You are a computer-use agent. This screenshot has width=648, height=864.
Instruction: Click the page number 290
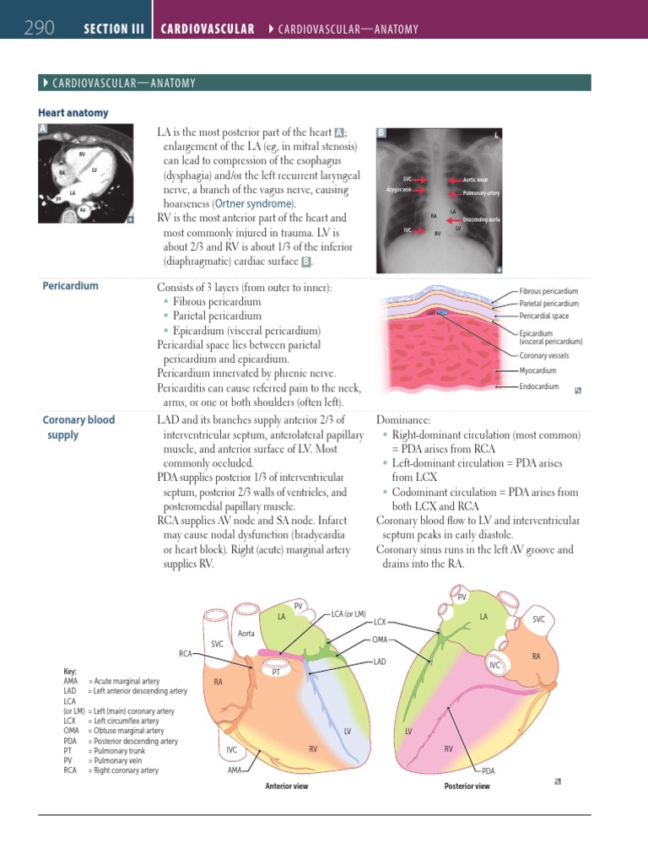tap(39, 29)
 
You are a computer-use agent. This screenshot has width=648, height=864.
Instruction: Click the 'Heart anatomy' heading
tap(73, 112)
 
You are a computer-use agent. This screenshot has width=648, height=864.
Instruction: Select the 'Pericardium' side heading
tap(70, 285)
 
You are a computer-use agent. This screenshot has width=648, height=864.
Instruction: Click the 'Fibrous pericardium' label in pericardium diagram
tap(548, 290)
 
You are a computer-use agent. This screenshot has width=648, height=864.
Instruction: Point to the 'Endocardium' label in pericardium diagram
tap(539, 386)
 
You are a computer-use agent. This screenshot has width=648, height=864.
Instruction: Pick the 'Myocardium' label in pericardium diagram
tap(537, 370)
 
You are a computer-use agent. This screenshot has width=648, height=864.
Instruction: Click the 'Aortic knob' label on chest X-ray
tap(475, 180)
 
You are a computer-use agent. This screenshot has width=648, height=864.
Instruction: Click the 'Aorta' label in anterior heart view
tap(246, 633)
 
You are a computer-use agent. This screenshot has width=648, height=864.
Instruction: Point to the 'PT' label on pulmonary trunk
tap(276, 672)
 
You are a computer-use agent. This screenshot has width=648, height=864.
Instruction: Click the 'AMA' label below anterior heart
tap(235, 770)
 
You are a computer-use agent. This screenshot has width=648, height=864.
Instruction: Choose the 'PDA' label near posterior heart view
tap(489, 770)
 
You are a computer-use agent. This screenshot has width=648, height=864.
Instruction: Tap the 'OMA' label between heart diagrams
tap(380, 640)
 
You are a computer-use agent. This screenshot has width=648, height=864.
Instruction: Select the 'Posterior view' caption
tap(467, 786)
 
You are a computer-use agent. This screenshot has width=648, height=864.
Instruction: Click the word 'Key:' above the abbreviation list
tap(71, 672)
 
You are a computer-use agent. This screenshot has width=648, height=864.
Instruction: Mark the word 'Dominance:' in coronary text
tap(403, 419)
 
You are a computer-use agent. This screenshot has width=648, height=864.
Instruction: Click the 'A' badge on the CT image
tap(43, 128)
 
